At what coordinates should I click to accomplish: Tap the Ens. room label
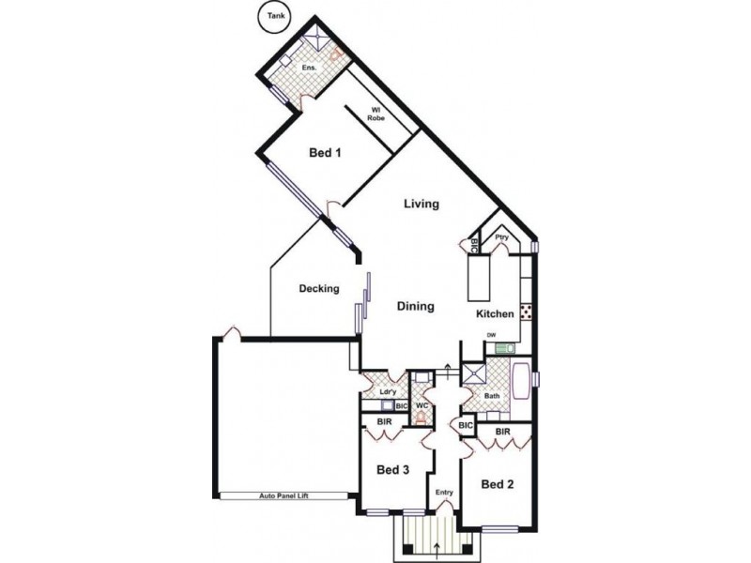click(308, 68)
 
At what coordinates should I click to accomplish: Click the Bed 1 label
click(325, 154)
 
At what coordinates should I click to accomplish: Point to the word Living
click(421, 204)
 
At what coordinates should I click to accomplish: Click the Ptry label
click(501, 238)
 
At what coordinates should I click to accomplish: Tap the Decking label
click(319, 289)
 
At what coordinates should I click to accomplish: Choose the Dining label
click(414, 306)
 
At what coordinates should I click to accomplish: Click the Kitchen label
click(495, 314)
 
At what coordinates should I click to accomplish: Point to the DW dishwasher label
click(490, 336)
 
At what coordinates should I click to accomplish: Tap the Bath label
click(492, 397)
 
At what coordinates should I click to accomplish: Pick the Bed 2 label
click(497, 484)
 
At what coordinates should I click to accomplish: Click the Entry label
click(442, 493)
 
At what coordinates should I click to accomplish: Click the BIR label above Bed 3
click(385, 423)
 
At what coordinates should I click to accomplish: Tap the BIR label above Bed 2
click(502, 431)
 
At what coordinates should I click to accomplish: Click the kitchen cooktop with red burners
click(526, 312)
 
